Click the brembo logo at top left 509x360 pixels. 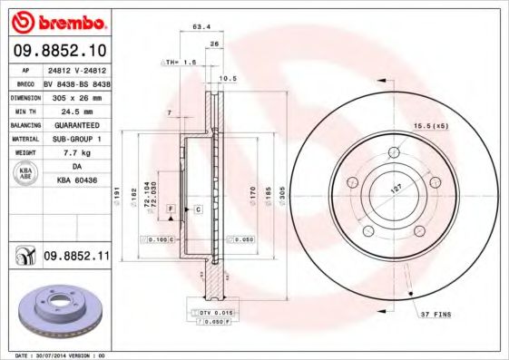tap(57, 21)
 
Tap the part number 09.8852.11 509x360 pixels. tap(76, 258)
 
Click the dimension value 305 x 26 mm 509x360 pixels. tap(75, 95)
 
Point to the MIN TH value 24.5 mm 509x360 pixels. tap(76, 110)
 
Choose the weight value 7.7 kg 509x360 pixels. tap(76, 153)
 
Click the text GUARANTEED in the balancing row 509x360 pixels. tap(76, 124)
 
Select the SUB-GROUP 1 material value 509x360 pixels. tap(76, 139)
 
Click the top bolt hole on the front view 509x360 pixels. tap(393, 152)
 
